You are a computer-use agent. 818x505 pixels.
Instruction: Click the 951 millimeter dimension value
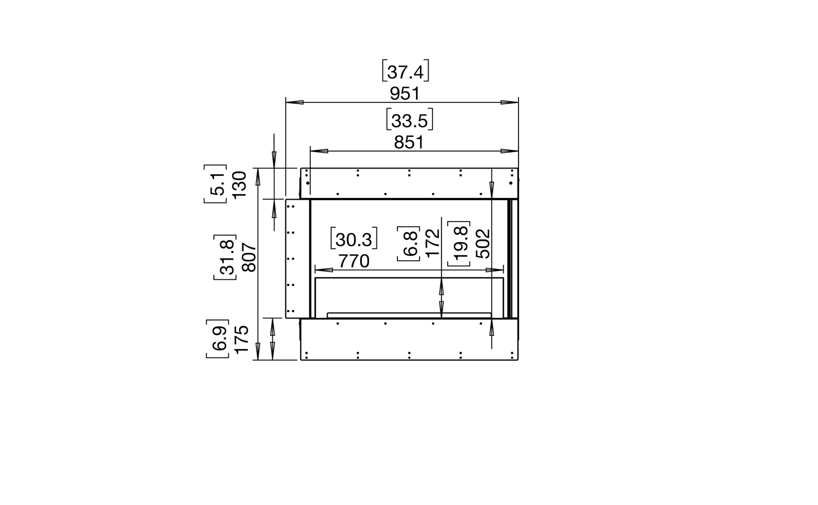click(409, 92)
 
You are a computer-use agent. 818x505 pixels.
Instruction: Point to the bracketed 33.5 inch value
click(409, 121)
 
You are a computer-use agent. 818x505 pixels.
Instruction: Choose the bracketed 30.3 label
click(354, 240)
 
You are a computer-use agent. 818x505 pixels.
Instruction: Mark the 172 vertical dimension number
click(432, 243)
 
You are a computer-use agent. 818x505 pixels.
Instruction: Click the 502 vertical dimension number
click(482, 243)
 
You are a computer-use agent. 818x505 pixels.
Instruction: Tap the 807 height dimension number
click(250, 257)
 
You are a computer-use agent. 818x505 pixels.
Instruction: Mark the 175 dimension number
click(242, 339)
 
